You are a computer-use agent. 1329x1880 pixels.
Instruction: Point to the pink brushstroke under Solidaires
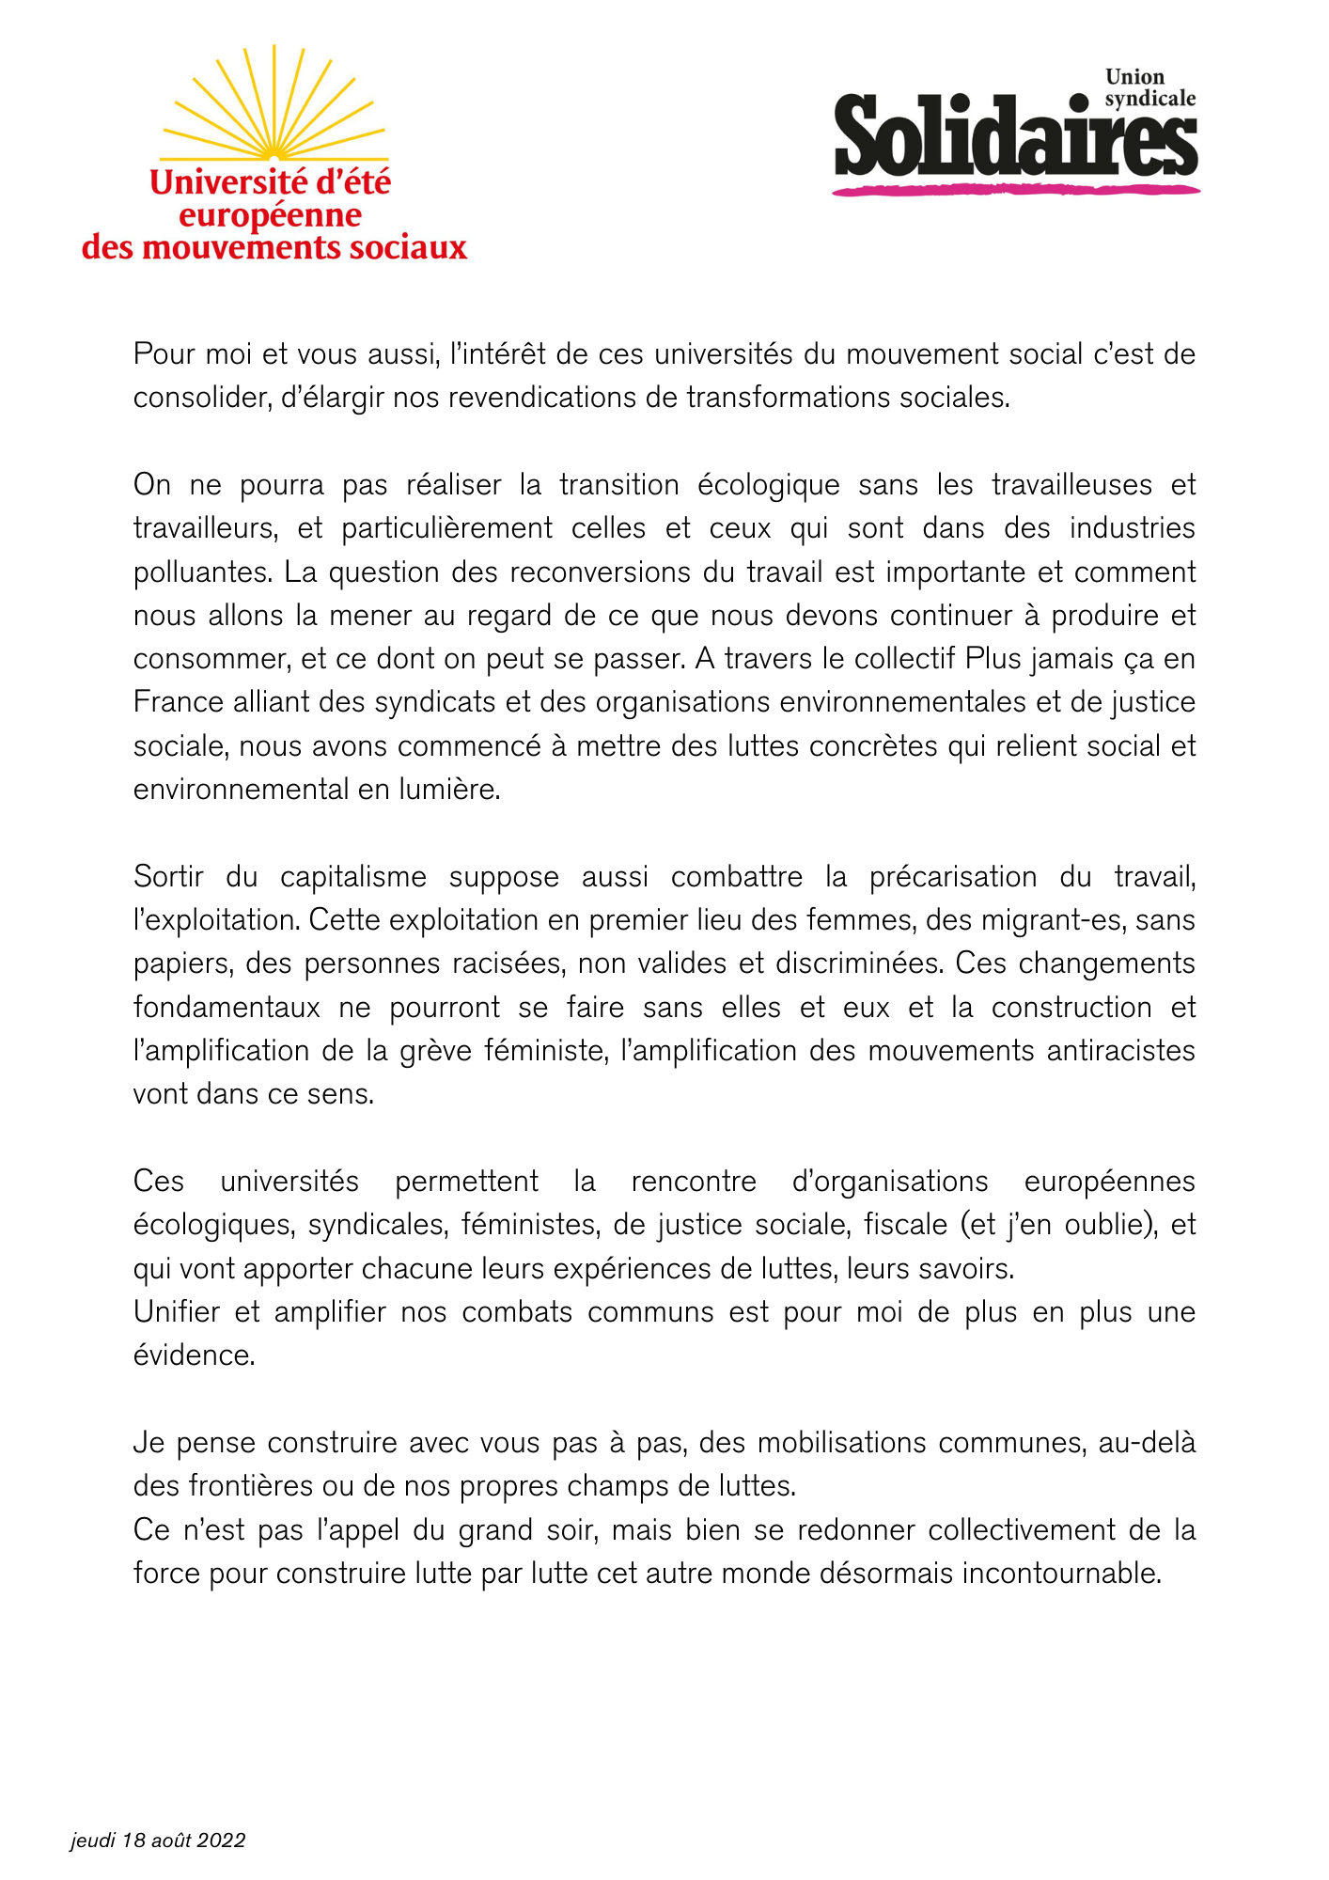(x=1015, y=191)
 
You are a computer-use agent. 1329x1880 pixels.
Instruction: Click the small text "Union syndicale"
(x=1149, y=87)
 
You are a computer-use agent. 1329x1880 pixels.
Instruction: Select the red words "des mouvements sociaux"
(x=274, y=248)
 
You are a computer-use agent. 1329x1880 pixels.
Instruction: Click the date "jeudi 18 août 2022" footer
(x=158, y=1841)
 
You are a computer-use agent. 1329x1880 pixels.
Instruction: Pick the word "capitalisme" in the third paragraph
(x=353, y=877)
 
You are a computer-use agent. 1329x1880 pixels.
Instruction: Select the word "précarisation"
(x=953, y=877)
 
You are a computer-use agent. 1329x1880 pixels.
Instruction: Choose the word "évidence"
(x=194, y=1355)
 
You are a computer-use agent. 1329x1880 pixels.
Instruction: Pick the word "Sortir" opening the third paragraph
(x=168, y=877)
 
